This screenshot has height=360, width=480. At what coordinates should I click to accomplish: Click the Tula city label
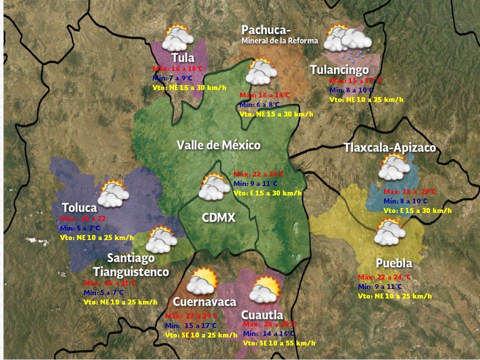[x=183, y=57]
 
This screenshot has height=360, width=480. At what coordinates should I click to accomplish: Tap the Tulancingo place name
[x=339, y=69]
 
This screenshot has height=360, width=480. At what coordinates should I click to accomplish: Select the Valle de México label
[x=218, y=145]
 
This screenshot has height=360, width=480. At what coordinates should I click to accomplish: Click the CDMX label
[x=218, y=217]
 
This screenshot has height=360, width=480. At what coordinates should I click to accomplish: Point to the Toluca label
[x=79, y=207]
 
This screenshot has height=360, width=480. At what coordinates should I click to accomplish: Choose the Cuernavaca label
[x=204, y=302]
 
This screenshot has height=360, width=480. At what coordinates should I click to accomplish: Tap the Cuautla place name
[x=262, y=315]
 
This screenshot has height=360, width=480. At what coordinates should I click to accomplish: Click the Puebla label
[x=394, y=263]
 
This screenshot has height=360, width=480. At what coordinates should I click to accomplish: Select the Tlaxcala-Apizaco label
[x=389, y=148]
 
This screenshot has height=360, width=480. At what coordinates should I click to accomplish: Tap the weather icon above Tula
[x=178, y=37]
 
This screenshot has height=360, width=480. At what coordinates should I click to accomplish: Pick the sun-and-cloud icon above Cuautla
[x=264, y=290]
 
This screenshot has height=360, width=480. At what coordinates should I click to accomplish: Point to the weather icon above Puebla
[x=389, y=231]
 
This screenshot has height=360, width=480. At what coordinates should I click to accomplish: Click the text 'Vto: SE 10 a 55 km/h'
[x=279, y=343]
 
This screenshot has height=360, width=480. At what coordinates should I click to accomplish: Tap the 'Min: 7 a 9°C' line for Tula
[x=172, y=78]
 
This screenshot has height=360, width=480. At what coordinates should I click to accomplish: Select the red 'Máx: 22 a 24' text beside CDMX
[x=258, y=174]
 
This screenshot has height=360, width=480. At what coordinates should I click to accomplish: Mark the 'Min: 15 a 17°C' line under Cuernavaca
[x=191, y=325]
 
